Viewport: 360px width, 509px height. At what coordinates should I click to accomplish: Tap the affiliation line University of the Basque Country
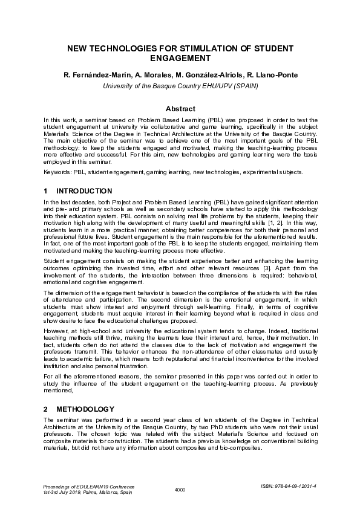tap(180, 86)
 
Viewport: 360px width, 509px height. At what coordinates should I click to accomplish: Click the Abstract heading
tap(180, 109)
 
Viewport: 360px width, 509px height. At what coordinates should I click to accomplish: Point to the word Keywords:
tap(57, 172)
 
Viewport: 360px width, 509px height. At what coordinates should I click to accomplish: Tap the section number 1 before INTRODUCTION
tap(46, 191)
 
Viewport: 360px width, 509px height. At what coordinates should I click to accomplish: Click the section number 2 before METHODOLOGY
tap(46, 409)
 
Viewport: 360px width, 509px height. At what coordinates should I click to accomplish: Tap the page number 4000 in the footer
tap(180, 490)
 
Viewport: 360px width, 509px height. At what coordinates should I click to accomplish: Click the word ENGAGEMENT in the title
tap(180, 59)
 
